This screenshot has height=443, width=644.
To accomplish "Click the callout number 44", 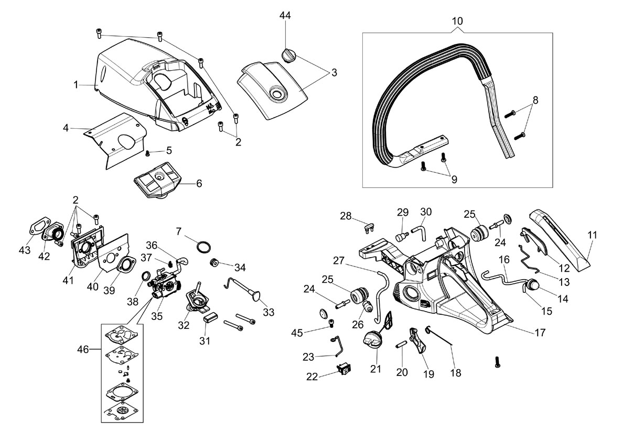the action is (285, 15).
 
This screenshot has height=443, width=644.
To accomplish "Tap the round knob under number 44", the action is (288, 55).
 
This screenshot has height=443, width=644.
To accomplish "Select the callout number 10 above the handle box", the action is (457, 21).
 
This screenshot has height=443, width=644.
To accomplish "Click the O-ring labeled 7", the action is (203, 247).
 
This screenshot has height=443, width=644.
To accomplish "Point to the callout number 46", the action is (83, 349).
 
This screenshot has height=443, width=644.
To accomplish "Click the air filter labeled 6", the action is (157, 179).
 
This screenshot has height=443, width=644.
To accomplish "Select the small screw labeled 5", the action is (148, 153).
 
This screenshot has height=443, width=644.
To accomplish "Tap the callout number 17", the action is (540, 333).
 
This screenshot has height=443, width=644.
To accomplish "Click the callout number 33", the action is (269, 312).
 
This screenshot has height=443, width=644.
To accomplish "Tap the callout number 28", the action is (346, 216).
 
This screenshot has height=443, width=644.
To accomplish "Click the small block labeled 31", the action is (211, 318).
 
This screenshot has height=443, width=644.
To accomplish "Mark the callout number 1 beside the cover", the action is (76, 85).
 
